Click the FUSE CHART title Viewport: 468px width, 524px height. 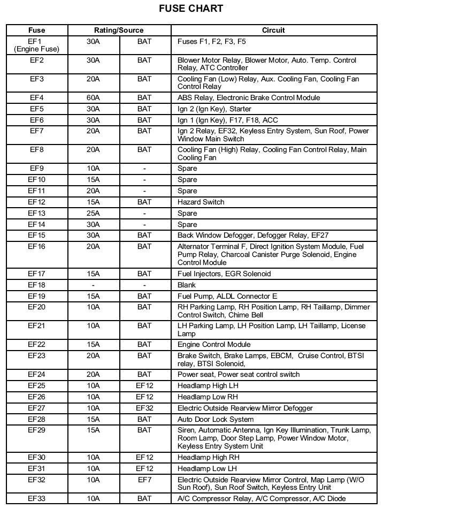[x=191, y=9]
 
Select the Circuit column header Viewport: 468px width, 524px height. [x=273, y=31]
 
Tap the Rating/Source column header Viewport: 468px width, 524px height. [x=119, y=31]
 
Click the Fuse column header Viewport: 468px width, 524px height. [x=36, y=31]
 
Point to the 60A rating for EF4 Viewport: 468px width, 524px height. [x=93, y=98]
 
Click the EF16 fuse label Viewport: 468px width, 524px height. [x=36, y=247]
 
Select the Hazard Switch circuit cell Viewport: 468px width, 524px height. [x=201, y=202]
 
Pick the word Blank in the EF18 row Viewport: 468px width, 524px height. [x=187, y=285]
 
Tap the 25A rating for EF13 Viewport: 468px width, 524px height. [x=93, y=214]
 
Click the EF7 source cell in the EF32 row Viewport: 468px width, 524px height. [x=144, y=480]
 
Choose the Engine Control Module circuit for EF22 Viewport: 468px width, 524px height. [x=214, y=345]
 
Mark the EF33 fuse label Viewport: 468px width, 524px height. [x=36, y=499]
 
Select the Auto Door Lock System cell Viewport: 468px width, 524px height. [x=216, y=420]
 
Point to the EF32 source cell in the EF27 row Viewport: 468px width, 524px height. [x=144, y=408]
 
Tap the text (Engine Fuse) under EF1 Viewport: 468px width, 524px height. [x=36, y=49]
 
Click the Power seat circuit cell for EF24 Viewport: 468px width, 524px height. [x=239, y=375]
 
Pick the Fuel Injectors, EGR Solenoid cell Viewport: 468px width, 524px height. [x=224, y=274]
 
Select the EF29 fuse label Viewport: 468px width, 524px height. [x=36, y=430]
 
